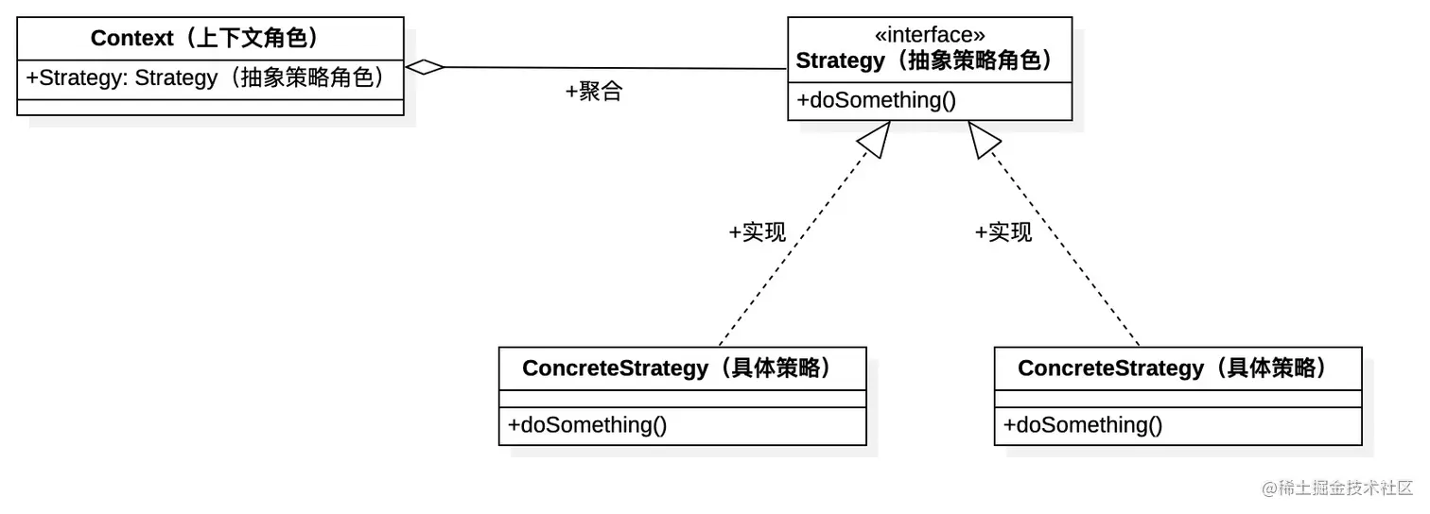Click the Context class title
tap(209, 39)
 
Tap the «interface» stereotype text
tap(930, 35)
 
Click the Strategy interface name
tap(924, 61)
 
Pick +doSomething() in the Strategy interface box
tap(877, 100)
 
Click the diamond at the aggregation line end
tap(425, 67)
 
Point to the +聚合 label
tap(593, 93)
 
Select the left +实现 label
tap(757, 232)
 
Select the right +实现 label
tap(1003, 232)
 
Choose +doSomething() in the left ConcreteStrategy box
tap(587, 425)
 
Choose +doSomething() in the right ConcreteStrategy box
tap(1083, 425)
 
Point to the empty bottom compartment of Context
tap(210, 108)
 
